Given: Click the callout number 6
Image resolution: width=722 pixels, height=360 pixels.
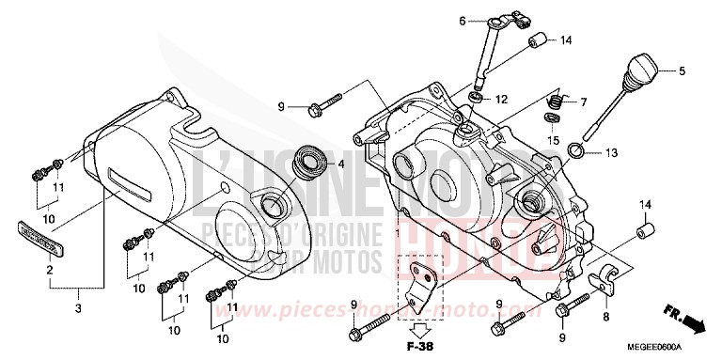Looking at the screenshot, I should [x=463, y=21].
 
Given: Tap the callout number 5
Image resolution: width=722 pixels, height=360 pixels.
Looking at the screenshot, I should [x=683, y=70].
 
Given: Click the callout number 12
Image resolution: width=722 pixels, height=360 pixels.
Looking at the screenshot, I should [x=502, y=99].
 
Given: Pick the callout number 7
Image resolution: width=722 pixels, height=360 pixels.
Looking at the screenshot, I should [x=583, y=102].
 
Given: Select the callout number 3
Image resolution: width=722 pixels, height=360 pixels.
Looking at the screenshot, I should [x=78, y=308].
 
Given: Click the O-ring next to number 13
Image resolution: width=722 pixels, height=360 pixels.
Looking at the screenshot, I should [x=585, y=153].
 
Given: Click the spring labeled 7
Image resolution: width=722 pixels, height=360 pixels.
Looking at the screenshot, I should [x=556, y=102].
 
